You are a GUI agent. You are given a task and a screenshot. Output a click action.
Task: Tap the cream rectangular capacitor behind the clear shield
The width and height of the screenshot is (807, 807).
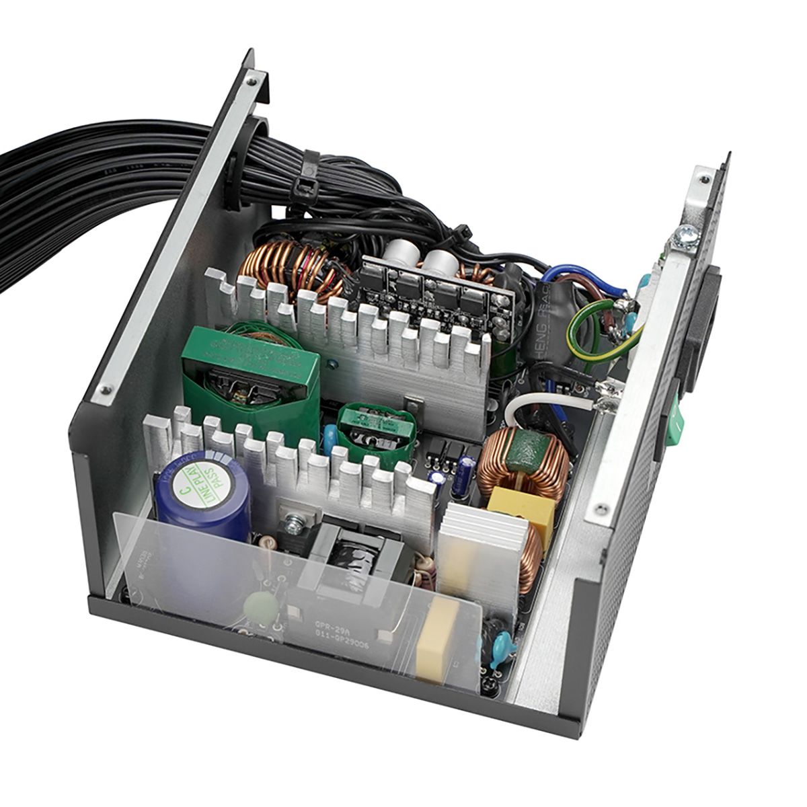[x=436, y=639]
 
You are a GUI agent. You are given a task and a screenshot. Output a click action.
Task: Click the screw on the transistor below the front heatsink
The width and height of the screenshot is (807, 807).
[x=293, y=522]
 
